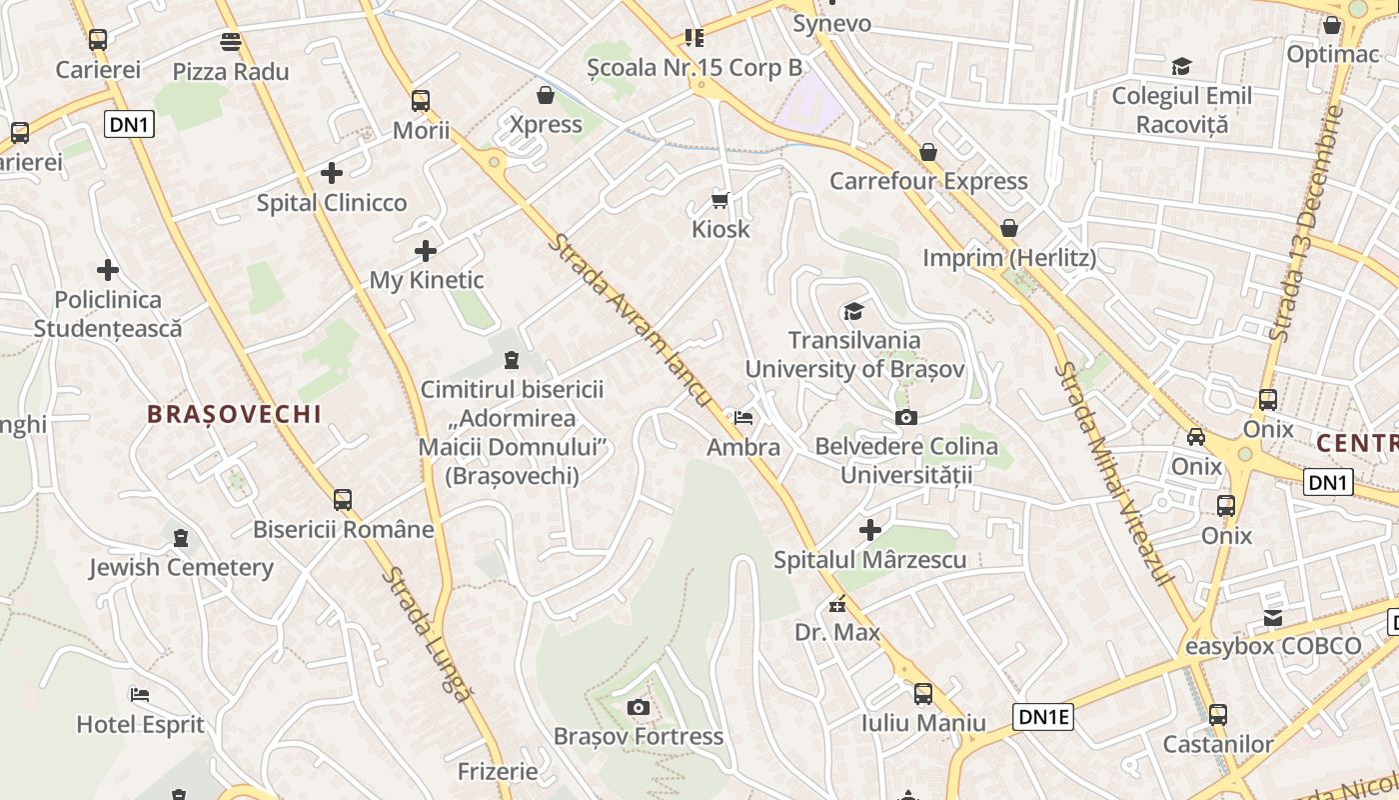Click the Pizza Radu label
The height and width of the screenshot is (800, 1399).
[x=231, y=72]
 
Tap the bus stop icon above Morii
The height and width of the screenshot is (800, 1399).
[x=421, y=100]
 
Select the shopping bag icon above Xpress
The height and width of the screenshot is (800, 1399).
[x=546, y=95]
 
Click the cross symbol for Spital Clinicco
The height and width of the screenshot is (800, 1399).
[x=332, y=173]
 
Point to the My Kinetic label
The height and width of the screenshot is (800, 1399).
[x=427, y=280]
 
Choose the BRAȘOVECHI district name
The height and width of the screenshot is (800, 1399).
[x=234, y=414]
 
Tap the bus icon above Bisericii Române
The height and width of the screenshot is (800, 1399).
[x=343, y=499]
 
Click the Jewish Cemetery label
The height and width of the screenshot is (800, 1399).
[x=181, y=568]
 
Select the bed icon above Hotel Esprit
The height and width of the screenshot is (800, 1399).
[x=140, y=694]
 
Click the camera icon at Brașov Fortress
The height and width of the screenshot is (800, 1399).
[x=639, y=708]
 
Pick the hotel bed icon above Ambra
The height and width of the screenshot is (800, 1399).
[x=743, y=417]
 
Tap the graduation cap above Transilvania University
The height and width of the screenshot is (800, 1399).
[x=853, y=312]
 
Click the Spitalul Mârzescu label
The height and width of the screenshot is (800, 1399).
[x=870, y=559]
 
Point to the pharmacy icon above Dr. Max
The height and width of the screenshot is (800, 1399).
[x=837, y=604]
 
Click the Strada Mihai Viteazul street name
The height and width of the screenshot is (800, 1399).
[x=1111, y=474]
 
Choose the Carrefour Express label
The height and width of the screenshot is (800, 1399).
[x=928, y=181]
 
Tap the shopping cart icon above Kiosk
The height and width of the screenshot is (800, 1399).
[x=720, y=199]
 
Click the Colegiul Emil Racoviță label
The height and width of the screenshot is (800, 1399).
[x=1182, y=110]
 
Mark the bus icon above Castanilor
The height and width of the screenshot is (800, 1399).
[x=1217, y=715]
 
